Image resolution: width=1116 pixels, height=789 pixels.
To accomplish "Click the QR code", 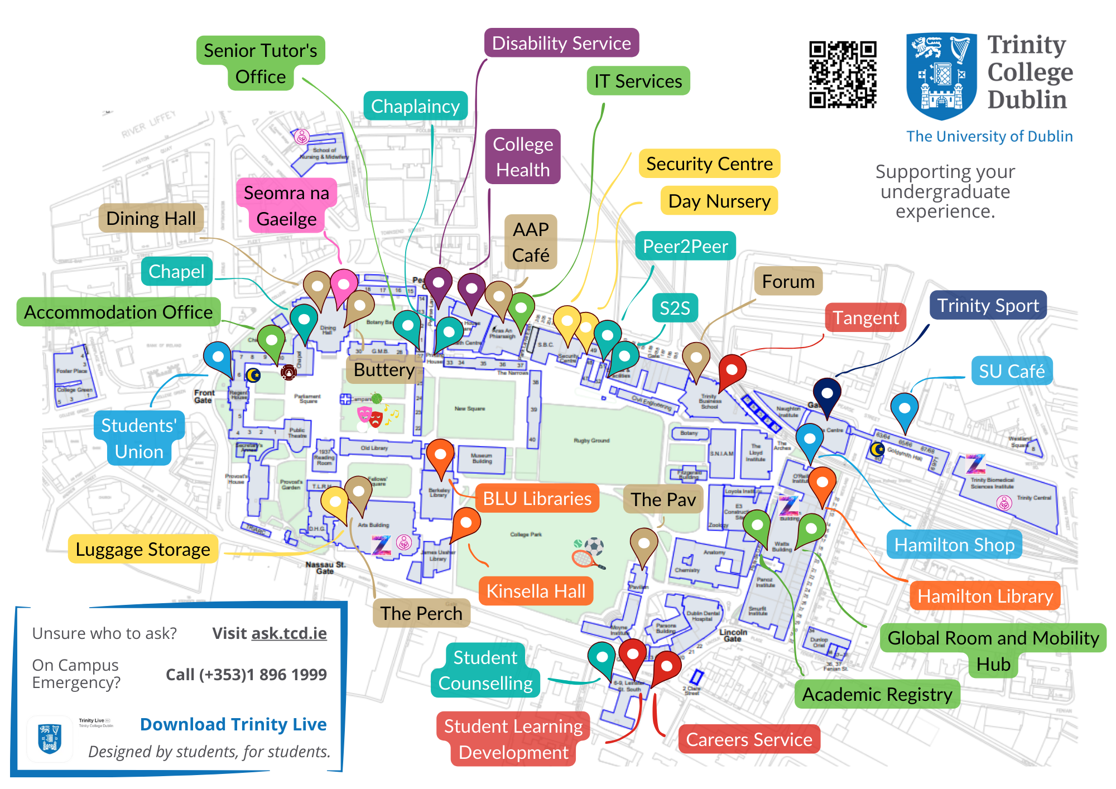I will (843, 74).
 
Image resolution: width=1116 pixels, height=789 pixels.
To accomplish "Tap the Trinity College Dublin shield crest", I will (941, 75).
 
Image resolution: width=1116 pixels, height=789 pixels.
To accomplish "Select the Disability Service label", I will (561, 43).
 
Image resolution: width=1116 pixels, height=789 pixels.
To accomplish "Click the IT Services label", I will (638, 81).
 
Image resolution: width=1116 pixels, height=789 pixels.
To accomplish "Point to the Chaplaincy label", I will (415, 106).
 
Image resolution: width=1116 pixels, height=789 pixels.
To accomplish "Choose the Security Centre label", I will (709, 163).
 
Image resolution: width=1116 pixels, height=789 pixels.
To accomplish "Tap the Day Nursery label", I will (719, 201).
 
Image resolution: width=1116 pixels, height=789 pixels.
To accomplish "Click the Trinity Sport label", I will (988, 305).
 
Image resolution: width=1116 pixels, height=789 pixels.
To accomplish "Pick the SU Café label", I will (1012, 371).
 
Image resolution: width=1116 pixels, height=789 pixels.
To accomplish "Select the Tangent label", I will (865, 317).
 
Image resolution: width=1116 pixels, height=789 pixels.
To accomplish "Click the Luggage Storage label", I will (143, 549).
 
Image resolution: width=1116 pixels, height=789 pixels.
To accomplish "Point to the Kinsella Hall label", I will (536, 591).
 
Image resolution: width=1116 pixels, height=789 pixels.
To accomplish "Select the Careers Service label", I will (749, 739).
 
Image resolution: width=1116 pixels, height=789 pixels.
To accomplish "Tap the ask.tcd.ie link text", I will (289, 633).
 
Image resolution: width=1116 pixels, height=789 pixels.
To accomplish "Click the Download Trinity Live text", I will (233, 724).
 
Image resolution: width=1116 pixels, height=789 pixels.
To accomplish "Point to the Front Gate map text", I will (204, 396).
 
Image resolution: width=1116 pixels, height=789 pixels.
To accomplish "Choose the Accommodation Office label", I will (118, 312).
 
